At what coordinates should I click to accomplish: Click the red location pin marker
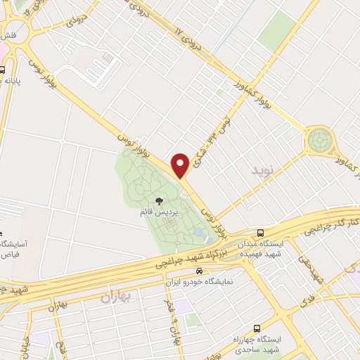click(181, 165)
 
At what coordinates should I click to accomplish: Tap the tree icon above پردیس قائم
click(167, 201)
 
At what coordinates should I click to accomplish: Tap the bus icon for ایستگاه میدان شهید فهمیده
click(261, 233)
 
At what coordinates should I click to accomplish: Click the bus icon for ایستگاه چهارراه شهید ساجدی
click(257, 328)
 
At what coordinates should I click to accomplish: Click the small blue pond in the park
click(200, 232)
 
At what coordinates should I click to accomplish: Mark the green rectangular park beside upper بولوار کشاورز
click(278, 32)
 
